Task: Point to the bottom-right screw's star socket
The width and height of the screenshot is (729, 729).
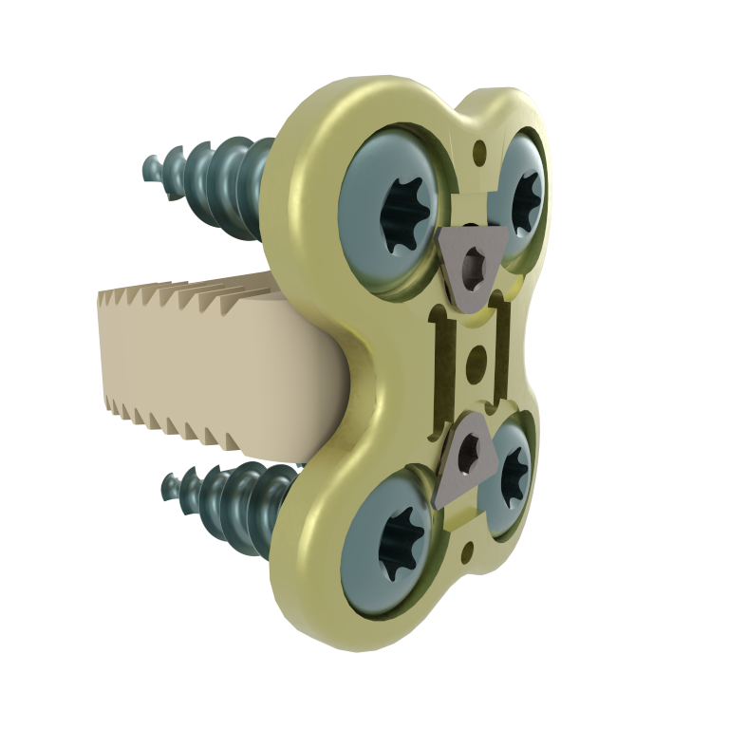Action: pyautogui.click(x=514, y=470)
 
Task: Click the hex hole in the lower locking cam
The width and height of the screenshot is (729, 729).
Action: pyautogui.click(x=469, y=456)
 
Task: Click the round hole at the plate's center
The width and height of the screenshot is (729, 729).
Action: pyautogui.click(x=477, y=359)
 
